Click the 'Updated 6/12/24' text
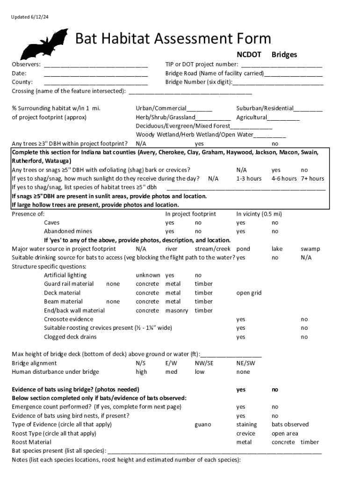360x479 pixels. pyautogui.click(x=30, y=17)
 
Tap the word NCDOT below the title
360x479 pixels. pyautogui.click(x=249, y=55)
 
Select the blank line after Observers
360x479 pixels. pyautogui.click(x=96, y=65)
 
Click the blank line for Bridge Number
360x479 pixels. pyautogui.click(x=278, y=82)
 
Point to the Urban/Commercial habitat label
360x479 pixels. pyautogui.click(x=161, y=109)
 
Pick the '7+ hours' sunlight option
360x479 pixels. pyautogui.click(x=312, y=179)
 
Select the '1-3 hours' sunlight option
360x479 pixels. pyautogui.click(x=249, y=179)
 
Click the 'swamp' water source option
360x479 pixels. pyautogui.click(x=310, y=249)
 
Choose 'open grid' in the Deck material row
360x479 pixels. pyautogui.click(x=249, y=293)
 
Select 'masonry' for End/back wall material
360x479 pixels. pyautogui.click(x=176, y=311)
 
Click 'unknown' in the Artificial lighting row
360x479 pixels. pyautogui.click(x=148, y=276)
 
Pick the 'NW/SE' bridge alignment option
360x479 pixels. pyautogui.click(x=204, y=363)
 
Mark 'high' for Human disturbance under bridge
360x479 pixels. pyautogui.click(x=141, y=372)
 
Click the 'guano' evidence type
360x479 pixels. pyautogui.click(x=202, y=425)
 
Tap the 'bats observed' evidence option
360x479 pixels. pyautogui.click(x=290, y=425)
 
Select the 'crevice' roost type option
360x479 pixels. pyautogui.click(x=245, y=434)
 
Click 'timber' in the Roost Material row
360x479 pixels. pyautogui.click(x=310, y=442)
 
